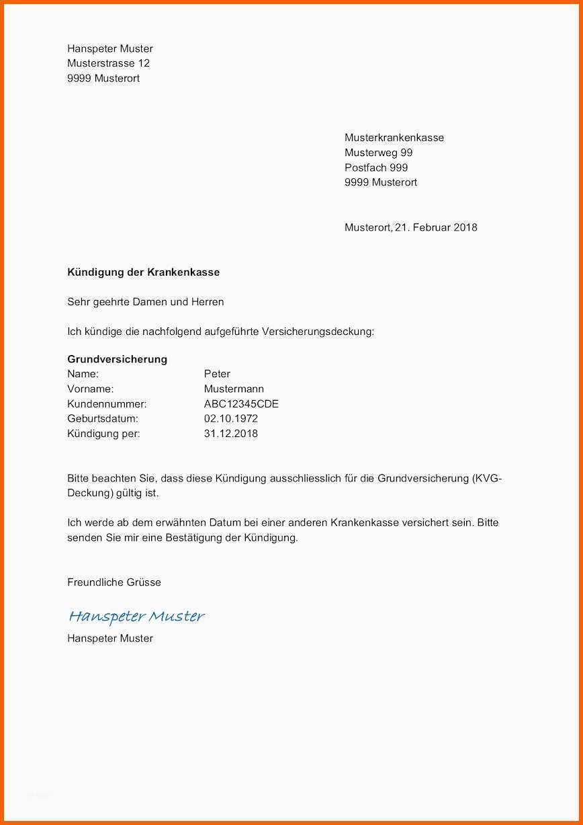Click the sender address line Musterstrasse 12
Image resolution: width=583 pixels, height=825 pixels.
coord(108,63)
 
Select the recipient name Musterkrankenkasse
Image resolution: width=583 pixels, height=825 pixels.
coord(394,138)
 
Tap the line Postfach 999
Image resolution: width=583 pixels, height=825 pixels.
coord(376,167)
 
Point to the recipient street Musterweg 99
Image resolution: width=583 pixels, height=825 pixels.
coord(378,153)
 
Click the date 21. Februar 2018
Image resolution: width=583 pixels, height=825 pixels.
coord(436,227)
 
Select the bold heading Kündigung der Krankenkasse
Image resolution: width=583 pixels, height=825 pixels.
coord(143,272)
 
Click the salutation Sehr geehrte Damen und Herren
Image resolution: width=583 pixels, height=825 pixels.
coord(146,302)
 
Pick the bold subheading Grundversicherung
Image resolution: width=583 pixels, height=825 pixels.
coord(117,359)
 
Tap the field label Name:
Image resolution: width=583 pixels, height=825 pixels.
coord(83,374)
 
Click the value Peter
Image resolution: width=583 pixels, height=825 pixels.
coord(217,374)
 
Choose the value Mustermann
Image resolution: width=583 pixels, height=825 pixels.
coord(234,389)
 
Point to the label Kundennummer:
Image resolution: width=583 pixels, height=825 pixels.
coord(107,404)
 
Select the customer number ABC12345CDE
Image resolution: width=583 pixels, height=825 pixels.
coord(241,404)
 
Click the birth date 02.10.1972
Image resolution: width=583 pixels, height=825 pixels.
coord(231,419)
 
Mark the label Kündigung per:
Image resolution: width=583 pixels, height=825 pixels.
coord(103,434)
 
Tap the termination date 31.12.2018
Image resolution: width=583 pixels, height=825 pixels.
coord(231,434)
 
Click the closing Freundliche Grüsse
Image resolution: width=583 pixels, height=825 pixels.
coord(114,582)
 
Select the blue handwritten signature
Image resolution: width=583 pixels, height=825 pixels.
coord(136,616)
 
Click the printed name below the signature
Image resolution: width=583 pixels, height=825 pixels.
coord(110,638)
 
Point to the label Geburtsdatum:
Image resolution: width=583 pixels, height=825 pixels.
coord(103,419)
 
